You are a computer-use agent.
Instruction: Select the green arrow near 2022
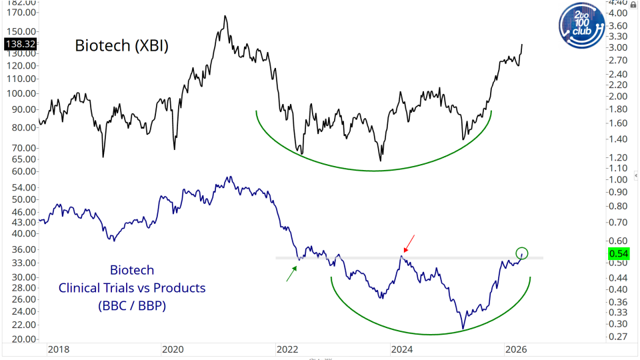[x=291, y=273]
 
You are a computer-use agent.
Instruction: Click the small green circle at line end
[x=522, y=253]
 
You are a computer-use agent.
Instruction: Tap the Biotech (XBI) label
[x=121, y=46]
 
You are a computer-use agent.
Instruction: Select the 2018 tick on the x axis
[x=57, y=349]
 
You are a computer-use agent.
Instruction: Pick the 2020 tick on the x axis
[x=172, y=349]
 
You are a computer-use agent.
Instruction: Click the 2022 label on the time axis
[x=288, y=349]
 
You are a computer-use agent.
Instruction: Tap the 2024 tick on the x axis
[x=403, y=349]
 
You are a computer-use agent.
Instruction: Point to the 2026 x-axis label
[x=517, y=349]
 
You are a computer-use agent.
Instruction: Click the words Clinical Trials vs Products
[x=132, y=288]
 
